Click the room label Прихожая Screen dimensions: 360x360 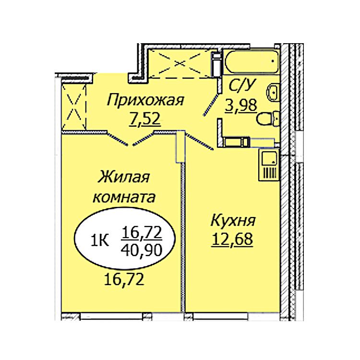[x=145, y=101]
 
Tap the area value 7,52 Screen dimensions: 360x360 [x=144, y=120]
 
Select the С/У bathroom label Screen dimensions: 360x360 [x=242, y=85]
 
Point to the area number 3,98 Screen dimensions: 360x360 [x=241, y=106]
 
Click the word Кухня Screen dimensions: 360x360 [x=233, y=220]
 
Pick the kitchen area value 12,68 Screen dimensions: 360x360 [x=232, y=239]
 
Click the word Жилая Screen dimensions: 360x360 [x=123, y=177]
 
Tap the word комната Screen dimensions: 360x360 [x=124, y=197]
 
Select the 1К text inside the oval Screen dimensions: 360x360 [x=100, y=240]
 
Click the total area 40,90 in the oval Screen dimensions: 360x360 [x=142, y=250]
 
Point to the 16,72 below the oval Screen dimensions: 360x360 [x=124, y=279]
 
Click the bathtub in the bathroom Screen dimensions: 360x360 [x=252, y=61]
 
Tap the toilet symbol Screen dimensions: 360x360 [x=268, y=119]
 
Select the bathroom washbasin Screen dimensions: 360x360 [x=273, y=92]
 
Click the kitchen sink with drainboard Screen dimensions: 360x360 [x=269, y=164]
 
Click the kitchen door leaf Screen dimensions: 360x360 [x=199, y=142]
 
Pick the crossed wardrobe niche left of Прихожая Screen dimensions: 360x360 [x=74, y=107]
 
